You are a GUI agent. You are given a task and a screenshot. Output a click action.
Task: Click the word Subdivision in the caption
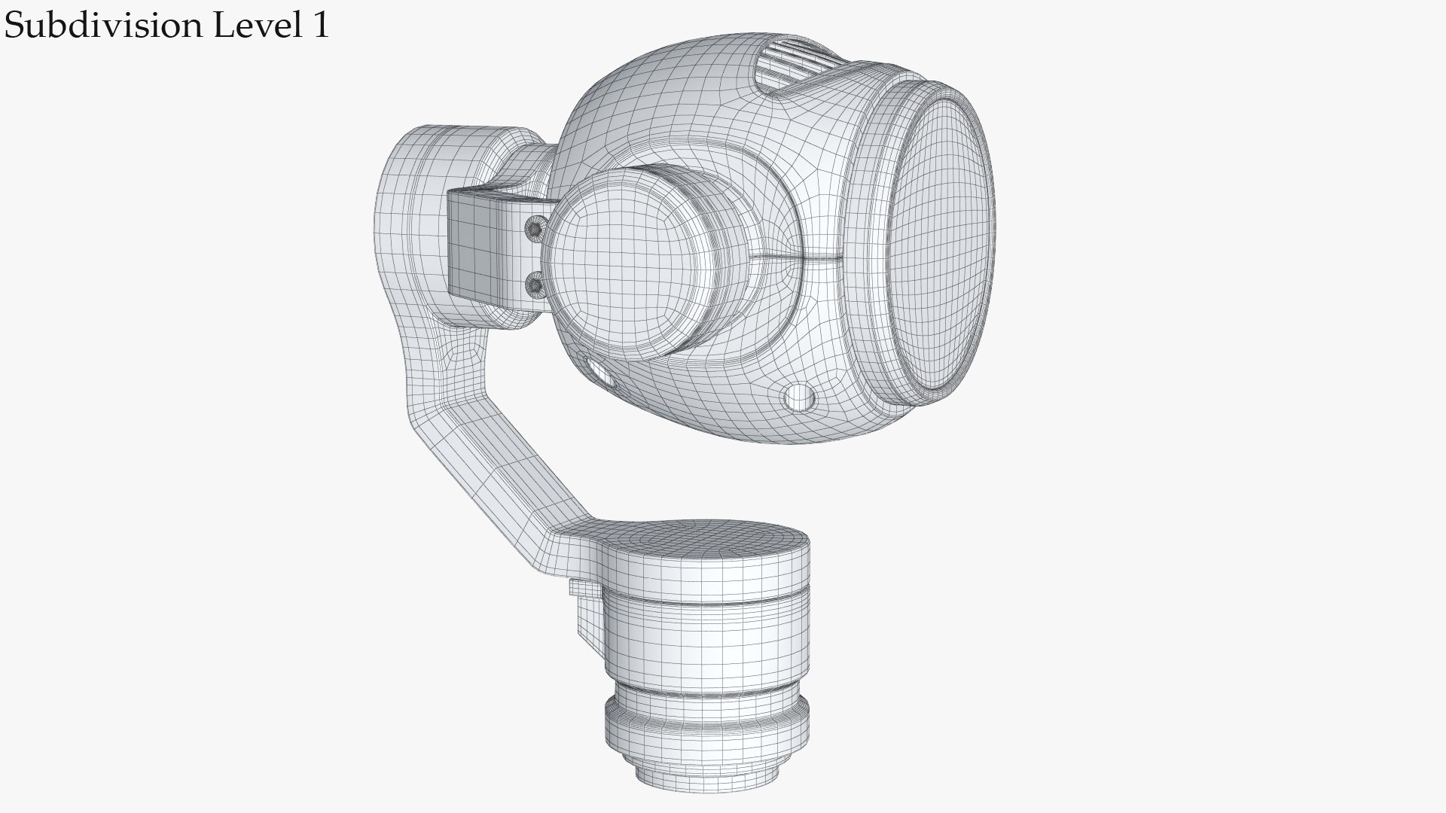point(103,26)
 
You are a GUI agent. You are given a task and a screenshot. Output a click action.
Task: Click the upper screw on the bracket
point(535,227)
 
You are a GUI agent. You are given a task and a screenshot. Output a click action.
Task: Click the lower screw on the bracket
point(535,285)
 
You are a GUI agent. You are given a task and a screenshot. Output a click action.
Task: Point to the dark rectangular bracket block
point(482,241)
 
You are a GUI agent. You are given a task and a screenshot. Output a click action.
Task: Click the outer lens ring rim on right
point(874,248)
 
